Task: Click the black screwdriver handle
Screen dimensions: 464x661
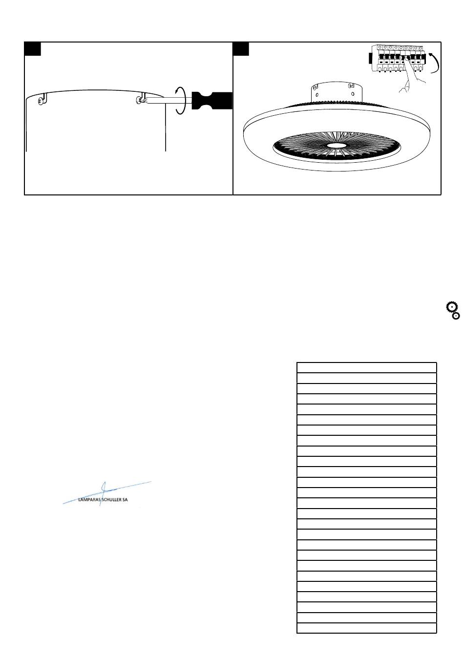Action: coord(212,101)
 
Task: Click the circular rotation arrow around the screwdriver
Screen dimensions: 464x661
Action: coord(180,101)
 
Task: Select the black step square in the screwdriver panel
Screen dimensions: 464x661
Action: coord(33,49)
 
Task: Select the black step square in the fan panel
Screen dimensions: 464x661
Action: coord(241,49)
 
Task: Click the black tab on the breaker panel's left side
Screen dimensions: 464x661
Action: coord(370,59)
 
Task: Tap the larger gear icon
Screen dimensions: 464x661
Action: coord(451,307)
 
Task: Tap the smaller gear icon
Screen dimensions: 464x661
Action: coord(456,316)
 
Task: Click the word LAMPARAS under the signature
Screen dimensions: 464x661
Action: coord(89,500)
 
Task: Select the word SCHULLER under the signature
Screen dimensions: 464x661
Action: coord(113,500)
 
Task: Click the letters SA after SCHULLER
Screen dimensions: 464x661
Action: coord(131,500)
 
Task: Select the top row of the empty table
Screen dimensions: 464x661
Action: coord(366,367)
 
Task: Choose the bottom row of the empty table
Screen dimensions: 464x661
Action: coord(366,628)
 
